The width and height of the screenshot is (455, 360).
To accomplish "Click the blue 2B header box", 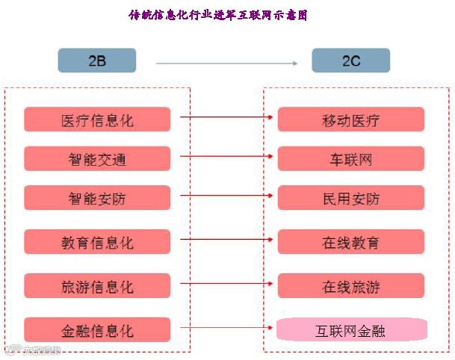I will pyautogui.click(x=97, y=60).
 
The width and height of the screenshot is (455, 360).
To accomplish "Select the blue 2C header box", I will pyautogui.click(x=350, y=60).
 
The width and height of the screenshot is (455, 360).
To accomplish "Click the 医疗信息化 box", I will pyautogui.click(x=97, y=120).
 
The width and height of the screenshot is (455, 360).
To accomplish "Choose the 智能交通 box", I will pyautogui.click(x=97, y=159).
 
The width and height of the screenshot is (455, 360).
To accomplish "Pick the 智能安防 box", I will pyautogui.click(x=97, y=199).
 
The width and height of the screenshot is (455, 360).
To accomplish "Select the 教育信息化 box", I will pyautogui.click(x=97, y=243).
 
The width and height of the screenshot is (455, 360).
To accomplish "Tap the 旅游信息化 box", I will pyautogui.click(x=97, y=286).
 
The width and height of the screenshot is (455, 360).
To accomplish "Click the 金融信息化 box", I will pyautogui.click(x=97, y=329).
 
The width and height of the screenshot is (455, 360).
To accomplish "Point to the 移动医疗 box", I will pyautogui.click(x=351, y=120).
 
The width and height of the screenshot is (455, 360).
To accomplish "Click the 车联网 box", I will pyautogui.click(x=351, y=159).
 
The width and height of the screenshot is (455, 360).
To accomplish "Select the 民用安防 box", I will pyautogui.click(x=351, y=199).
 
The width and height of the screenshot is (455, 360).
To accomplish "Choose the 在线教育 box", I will pyautogui.click(x=351, y=243).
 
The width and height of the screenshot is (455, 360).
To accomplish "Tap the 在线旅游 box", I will pyautogui.click(x=351, y=286).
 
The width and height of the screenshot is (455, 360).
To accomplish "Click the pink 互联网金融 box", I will pyautogui.click(x=351, y=329).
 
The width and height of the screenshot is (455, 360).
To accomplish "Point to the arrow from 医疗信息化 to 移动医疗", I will pyautogui.click(x=228, y=117).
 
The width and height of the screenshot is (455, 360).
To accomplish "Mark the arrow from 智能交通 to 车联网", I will pyautogui.click(x=228, y=157).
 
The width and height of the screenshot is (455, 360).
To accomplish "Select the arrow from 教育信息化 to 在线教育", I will pyautogui.click(x=228, y=240).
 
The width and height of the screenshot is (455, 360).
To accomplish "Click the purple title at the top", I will pyautogui.click(x=217, y=15).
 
